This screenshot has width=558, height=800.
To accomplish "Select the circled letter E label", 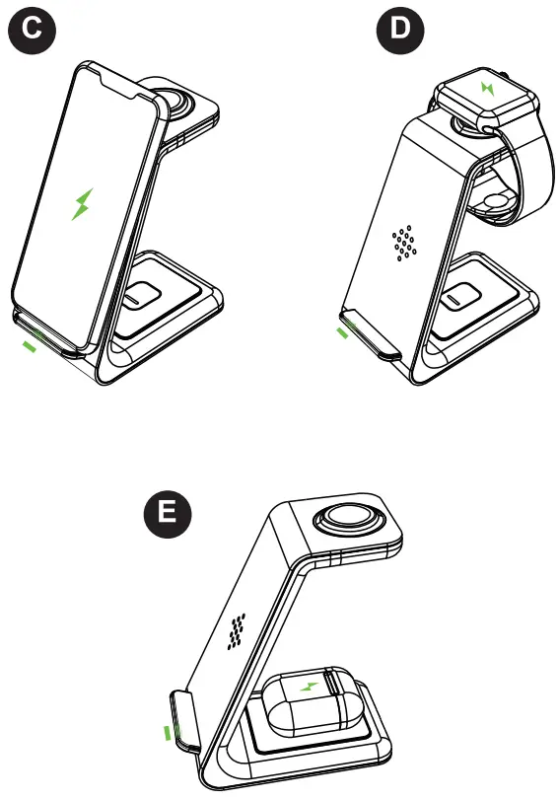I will point(169,514).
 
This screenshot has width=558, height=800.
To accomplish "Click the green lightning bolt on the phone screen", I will point(82,203).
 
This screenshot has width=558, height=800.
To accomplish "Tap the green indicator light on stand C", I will point(32,344).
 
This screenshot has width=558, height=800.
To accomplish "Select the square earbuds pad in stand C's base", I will point(142,295).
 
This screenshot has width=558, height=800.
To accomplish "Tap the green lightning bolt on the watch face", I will point(486,88).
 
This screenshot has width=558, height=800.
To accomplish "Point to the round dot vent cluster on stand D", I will point(402,243).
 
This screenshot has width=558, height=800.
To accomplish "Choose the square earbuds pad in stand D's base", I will point(459,295).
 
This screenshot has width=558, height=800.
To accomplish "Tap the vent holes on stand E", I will point(237,631).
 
